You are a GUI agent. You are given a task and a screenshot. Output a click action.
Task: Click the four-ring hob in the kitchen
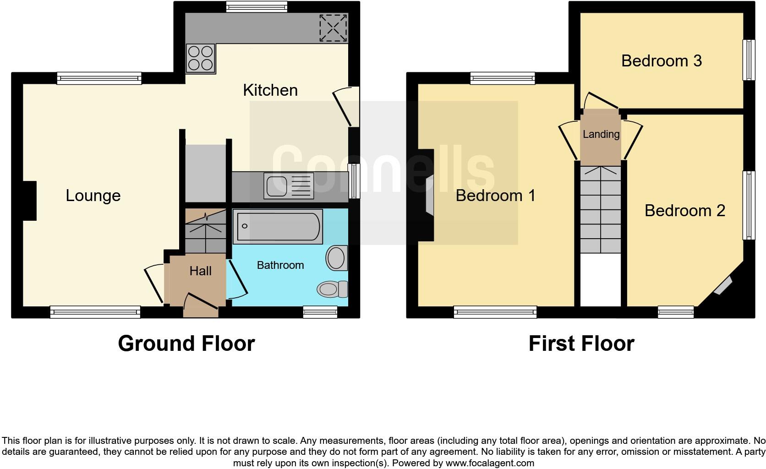coord(200,58)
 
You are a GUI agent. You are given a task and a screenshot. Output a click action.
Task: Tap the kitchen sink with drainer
coord(289,185)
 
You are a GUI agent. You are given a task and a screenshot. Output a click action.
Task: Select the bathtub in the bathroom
coord(278,226)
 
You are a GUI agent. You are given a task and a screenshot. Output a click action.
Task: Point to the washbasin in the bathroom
coord(337,258)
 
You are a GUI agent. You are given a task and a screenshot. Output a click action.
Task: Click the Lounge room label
coord(93,196)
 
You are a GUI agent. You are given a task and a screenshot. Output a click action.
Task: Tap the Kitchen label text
coord(270,90)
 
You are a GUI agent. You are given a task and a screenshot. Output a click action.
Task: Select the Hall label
coord(200,271)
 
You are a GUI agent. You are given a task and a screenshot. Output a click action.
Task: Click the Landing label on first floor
coord(601,134)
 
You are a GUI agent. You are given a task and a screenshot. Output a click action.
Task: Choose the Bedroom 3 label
coord(661,61)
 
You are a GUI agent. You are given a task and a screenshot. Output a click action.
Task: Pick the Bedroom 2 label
coord(684,211)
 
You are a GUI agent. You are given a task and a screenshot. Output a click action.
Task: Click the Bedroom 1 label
coord(495,196)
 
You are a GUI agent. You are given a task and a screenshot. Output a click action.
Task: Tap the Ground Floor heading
coord(186,344)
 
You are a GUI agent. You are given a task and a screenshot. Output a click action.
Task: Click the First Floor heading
coord(581,344)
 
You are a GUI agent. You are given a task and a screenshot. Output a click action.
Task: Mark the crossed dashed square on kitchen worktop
coord(334,28)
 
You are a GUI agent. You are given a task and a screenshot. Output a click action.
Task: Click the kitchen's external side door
coord(346,107)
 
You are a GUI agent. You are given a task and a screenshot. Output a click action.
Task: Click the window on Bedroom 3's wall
coord(749,60)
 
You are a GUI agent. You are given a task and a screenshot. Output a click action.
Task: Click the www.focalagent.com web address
coord(490,463)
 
